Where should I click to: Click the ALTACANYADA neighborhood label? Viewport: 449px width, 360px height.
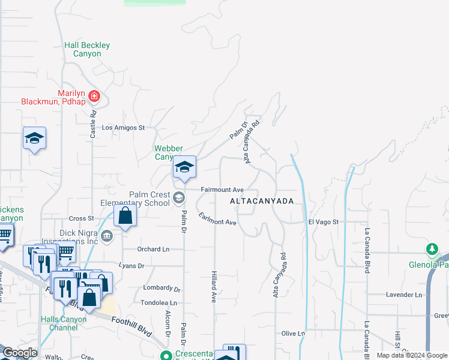(262, 202)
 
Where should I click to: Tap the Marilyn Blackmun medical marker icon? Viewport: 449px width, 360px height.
(94, 96)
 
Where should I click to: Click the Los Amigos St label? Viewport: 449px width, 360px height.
(124, 128)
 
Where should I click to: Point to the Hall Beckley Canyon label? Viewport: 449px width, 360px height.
(88, 49)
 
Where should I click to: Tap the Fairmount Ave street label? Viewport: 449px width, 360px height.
(221, 190)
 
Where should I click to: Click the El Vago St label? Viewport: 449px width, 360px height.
(324, 222)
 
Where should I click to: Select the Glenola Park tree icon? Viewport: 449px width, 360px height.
(432, 248)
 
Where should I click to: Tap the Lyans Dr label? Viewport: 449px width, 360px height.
(132, 265)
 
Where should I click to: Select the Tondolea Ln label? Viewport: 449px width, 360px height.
(158, 303)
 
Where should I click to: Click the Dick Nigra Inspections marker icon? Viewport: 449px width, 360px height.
(107, 235)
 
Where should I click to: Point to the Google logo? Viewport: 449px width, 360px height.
(20, 353)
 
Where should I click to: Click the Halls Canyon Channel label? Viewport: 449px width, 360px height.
(64, 323)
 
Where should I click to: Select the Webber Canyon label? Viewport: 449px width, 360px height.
(168, 152)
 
